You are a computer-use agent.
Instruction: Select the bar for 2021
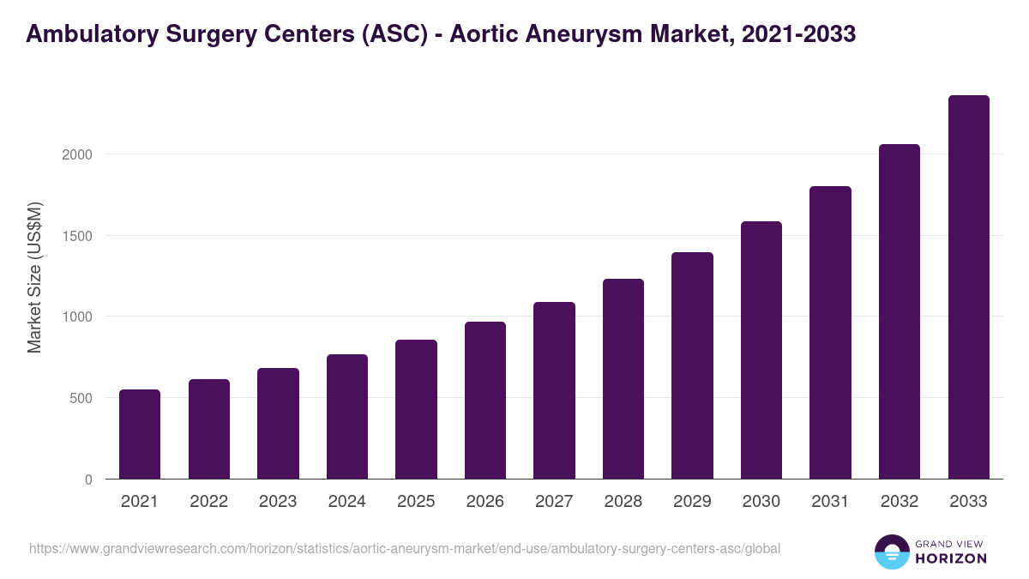coord(140,434)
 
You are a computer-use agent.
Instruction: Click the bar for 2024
coord(347,417)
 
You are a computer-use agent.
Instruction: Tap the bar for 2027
coord(554,390)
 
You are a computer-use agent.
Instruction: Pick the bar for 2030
coord(761,350)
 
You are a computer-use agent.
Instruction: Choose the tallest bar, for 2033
coord(969,287)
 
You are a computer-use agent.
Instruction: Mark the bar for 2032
coord(900,311)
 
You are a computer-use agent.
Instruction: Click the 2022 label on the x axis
coord(208,502)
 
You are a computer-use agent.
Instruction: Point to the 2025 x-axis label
coord(416,502)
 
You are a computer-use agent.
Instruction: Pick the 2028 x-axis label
coord(623,502)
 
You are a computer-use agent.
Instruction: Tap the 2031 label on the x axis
coord(830,502)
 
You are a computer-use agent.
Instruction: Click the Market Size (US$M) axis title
coord(35,277)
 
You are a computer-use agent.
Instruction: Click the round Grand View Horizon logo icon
coord(891,552)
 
